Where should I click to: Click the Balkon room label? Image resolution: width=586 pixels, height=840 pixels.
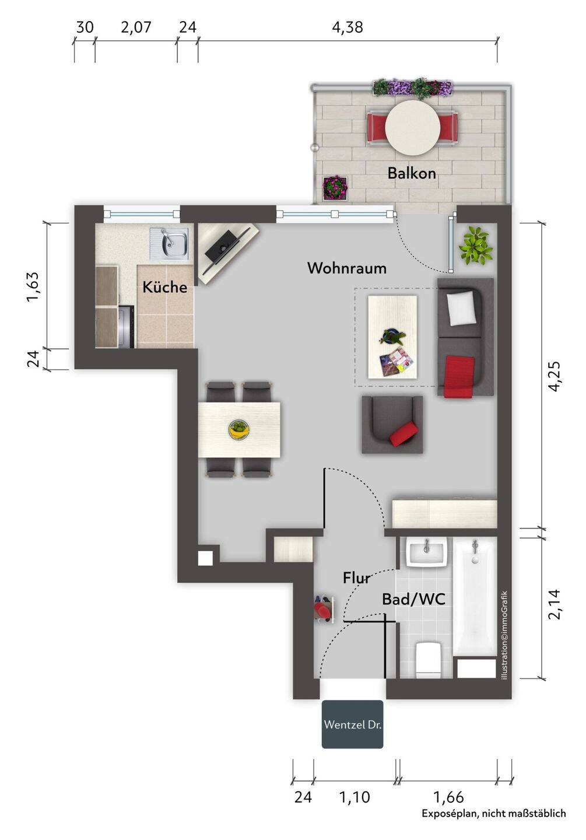pos(411,173)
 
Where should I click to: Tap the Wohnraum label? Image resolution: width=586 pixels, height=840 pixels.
pos(347,268)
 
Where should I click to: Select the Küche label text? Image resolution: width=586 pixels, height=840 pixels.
pos(164,287)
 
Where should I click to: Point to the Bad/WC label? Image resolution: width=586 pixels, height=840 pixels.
pos(413,599)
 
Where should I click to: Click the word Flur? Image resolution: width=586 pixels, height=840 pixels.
pos(356,577)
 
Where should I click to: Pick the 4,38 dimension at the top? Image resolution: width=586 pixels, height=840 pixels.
pos(348,27)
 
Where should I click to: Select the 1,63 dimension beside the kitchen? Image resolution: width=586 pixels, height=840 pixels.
pos(32,286)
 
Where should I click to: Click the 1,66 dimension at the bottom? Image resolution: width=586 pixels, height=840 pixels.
pos(448,797)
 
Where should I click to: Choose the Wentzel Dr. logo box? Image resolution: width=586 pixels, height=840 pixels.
pos(352,724)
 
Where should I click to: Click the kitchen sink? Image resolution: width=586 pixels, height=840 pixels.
pos(169,244)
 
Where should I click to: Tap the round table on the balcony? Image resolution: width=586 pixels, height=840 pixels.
pos(412,127)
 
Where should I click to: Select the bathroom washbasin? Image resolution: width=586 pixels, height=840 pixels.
pos(427,552)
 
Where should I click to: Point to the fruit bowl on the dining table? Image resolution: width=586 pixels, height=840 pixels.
pos(239,429)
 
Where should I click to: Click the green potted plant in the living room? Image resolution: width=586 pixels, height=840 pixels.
pos(476,246)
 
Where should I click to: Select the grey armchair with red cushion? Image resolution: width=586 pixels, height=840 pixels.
pos(392,425)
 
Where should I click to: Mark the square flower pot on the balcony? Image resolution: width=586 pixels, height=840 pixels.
pos(335,188)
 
